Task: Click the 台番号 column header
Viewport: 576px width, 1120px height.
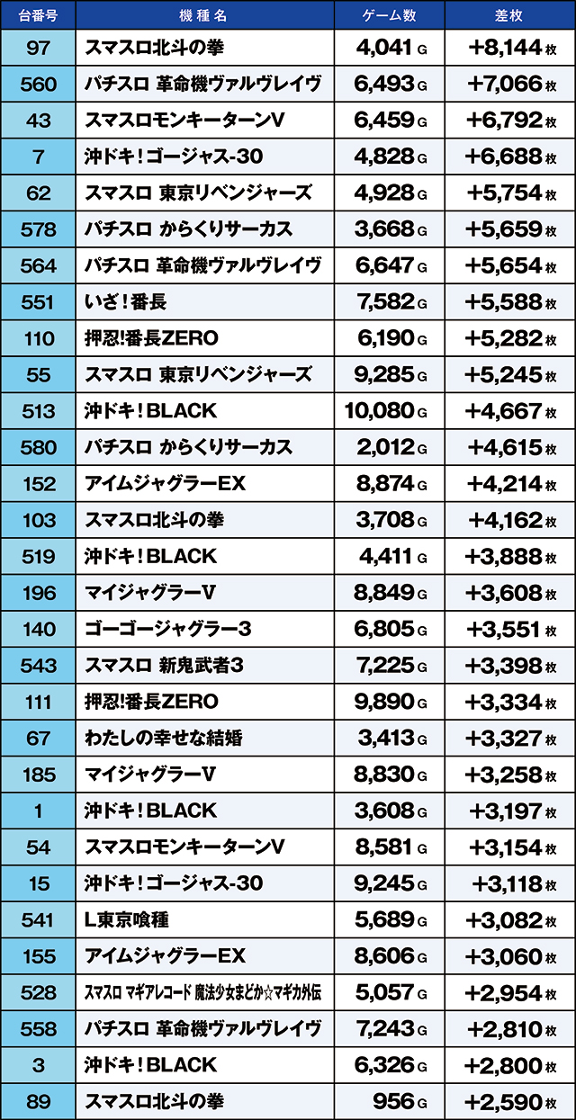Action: click(x=38, y=15)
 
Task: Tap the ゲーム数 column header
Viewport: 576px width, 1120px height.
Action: click(x=388, y=15)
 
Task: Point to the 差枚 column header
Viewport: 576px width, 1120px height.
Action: click(x=509, y=15)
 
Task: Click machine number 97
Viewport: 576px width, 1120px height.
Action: click(x=39, y=47)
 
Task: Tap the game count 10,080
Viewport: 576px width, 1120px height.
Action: click(x=379, y=411)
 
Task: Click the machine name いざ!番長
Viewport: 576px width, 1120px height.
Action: click(x=125, y=302)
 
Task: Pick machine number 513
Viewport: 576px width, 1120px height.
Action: click(x=39, y=411)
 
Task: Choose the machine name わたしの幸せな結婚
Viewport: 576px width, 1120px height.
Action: click(x=163, y=739)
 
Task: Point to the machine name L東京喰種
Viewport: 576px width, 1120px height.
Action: click(x=125, y=920)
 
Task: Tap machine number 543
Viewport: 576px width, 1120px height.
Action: click(x=39, y=666)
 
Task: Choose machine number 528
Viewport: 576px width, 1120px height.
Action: click(x=39, y=993)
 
